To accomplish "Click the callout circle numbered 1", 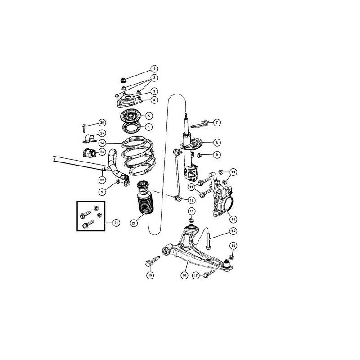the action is coord(154,69).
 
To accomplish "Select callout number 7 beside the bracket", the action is coord(217,122).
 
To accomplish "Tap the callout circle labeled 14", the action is coord(233,219).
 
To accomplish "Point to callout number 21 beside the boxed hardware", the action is coord(117,223).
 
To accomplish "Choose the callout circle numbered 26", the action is coord(102,122).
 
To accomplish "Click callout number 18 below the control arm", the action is coord(184,275).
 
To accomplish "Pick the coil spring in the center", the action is coord(137,156).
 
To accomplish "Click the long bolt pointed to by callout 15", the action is coord(208,241).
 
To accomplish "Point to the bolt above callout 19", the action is coord(153,261).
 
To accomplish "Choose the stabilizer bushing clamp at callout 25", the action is coord(89,139).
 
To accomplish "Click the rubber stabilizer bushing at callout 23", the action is coord(89,153).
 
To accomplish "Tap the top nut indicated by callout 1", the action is coord(123,81).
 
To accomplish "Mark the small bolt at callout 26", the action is coord(84,128).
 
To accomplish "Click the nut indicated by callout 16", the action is coord(231,257).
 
